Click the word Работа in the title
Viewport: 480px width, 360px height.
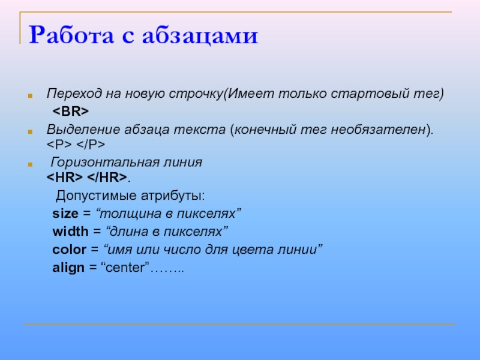(x=71, y=35)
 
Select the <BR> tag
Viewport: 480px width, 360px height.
(x=71, y=111)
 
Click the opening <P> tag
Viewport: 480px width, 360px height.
(x=59, y=144)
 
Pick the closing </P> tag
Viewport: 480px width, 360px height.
(x=91, y=144)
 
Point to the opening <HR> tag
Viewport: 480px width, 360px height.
(x=65, y=177)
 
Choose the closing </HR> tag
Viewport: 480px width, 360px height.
(x=107, y=177)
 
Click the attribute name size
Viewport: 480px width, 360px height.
(x=65, y=214)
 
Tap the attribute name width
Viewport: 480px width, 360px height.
(x=70, y=231)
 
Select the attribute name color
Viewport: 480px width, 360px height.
(x=69, y=250)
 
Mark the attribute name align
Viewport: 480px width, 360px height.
(x=68, y=268)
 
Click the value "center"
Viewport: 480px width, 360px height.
(x=125, y=267)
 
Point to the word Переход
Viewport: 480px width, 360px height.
(x=74, y=94)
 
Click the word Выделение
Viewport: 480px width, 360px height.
(x=83, y=130)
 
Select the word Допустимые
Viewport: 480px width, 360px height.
(x=96, y=196)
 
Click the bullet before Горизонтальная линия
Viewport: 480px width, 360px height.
(x=30, y=164)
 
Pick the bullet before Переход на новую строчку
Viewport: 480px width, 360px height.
(x=30, y=96)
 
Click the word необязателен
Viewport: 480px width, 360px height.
(x=379, y=130)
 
